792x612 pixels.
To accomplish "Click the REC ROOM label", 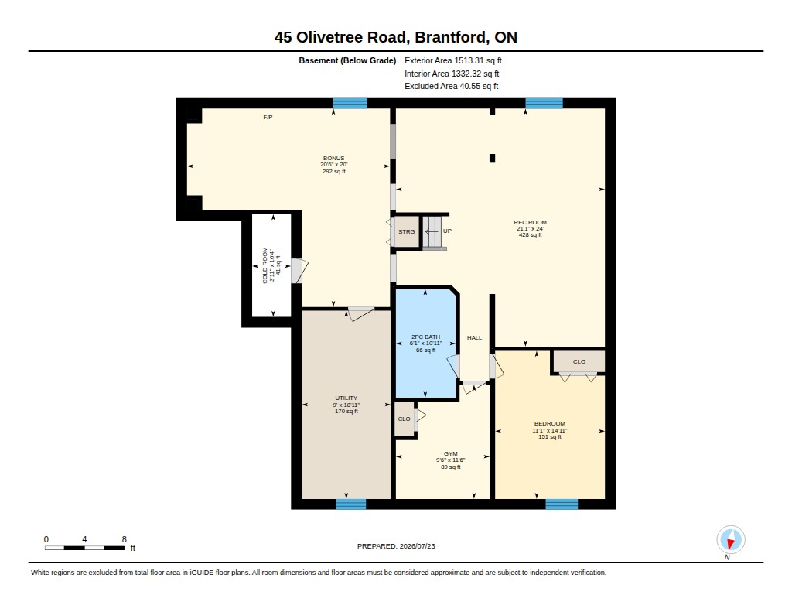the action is coord(530,222).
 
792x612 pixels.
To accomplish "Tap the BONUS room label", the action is coord(333,158).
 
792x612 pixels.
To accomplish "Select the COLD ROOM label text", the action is coord(265,265).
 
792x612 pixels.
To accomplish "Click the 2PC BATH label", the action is coord(425,337).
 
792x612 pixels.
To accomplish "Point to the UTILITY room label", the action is coord(346,398).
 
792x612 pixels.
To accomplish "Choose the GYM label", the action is coord(451,454).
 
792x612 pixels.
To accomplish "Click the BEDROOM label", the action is coord(550,423).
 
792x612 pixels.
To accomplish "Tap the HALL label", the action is coord(474,337).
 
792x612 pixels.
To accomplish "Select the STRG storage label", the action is coord(407,231).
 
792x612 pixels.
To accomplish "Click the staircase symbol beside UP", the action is coord(432,232).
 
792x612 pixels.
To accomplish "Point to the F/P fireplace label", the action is coord(268,118).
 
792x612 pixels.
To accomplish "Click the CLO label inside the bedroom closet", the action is coord(579,361).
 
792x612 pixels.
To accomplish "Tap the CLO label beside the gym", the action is coord(404,419).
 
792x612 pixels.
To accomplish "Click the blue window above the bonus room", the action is coord(350,103).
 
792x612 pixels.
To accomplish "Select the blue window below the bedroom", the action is coord(562,504).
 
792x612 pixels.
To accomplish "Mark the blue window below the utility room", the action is coord(351,504).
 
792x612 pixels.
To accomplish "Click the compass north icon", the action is coord(730,540).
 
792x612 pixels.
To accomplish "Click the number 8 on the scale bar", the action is coord(125,539).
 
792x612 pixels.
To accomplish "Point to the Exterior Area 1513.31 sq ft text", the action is coord(453,60).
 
